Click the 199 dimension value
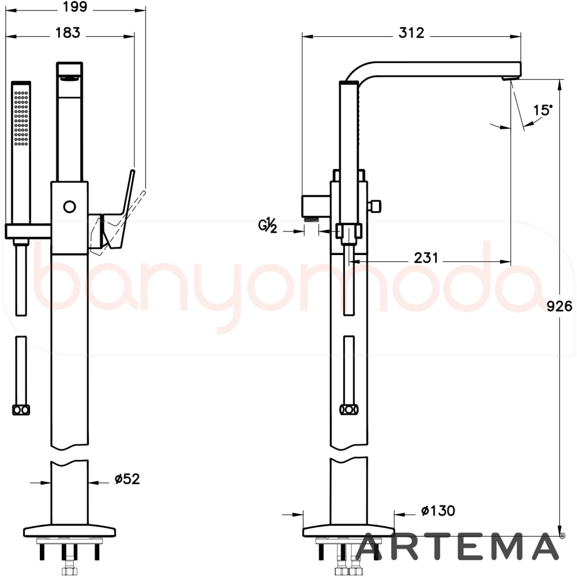[75, 7]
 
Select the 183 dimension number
[68, 33]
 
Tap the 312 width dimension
[411, 33]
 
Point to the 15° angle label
[543, 110]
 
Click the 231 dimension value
[426, 258]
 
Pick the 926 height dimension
[559, 306]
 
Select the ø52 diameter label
[128, 479]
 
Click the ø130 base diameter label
[438, 511]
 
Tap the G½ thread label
[268, 226]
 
